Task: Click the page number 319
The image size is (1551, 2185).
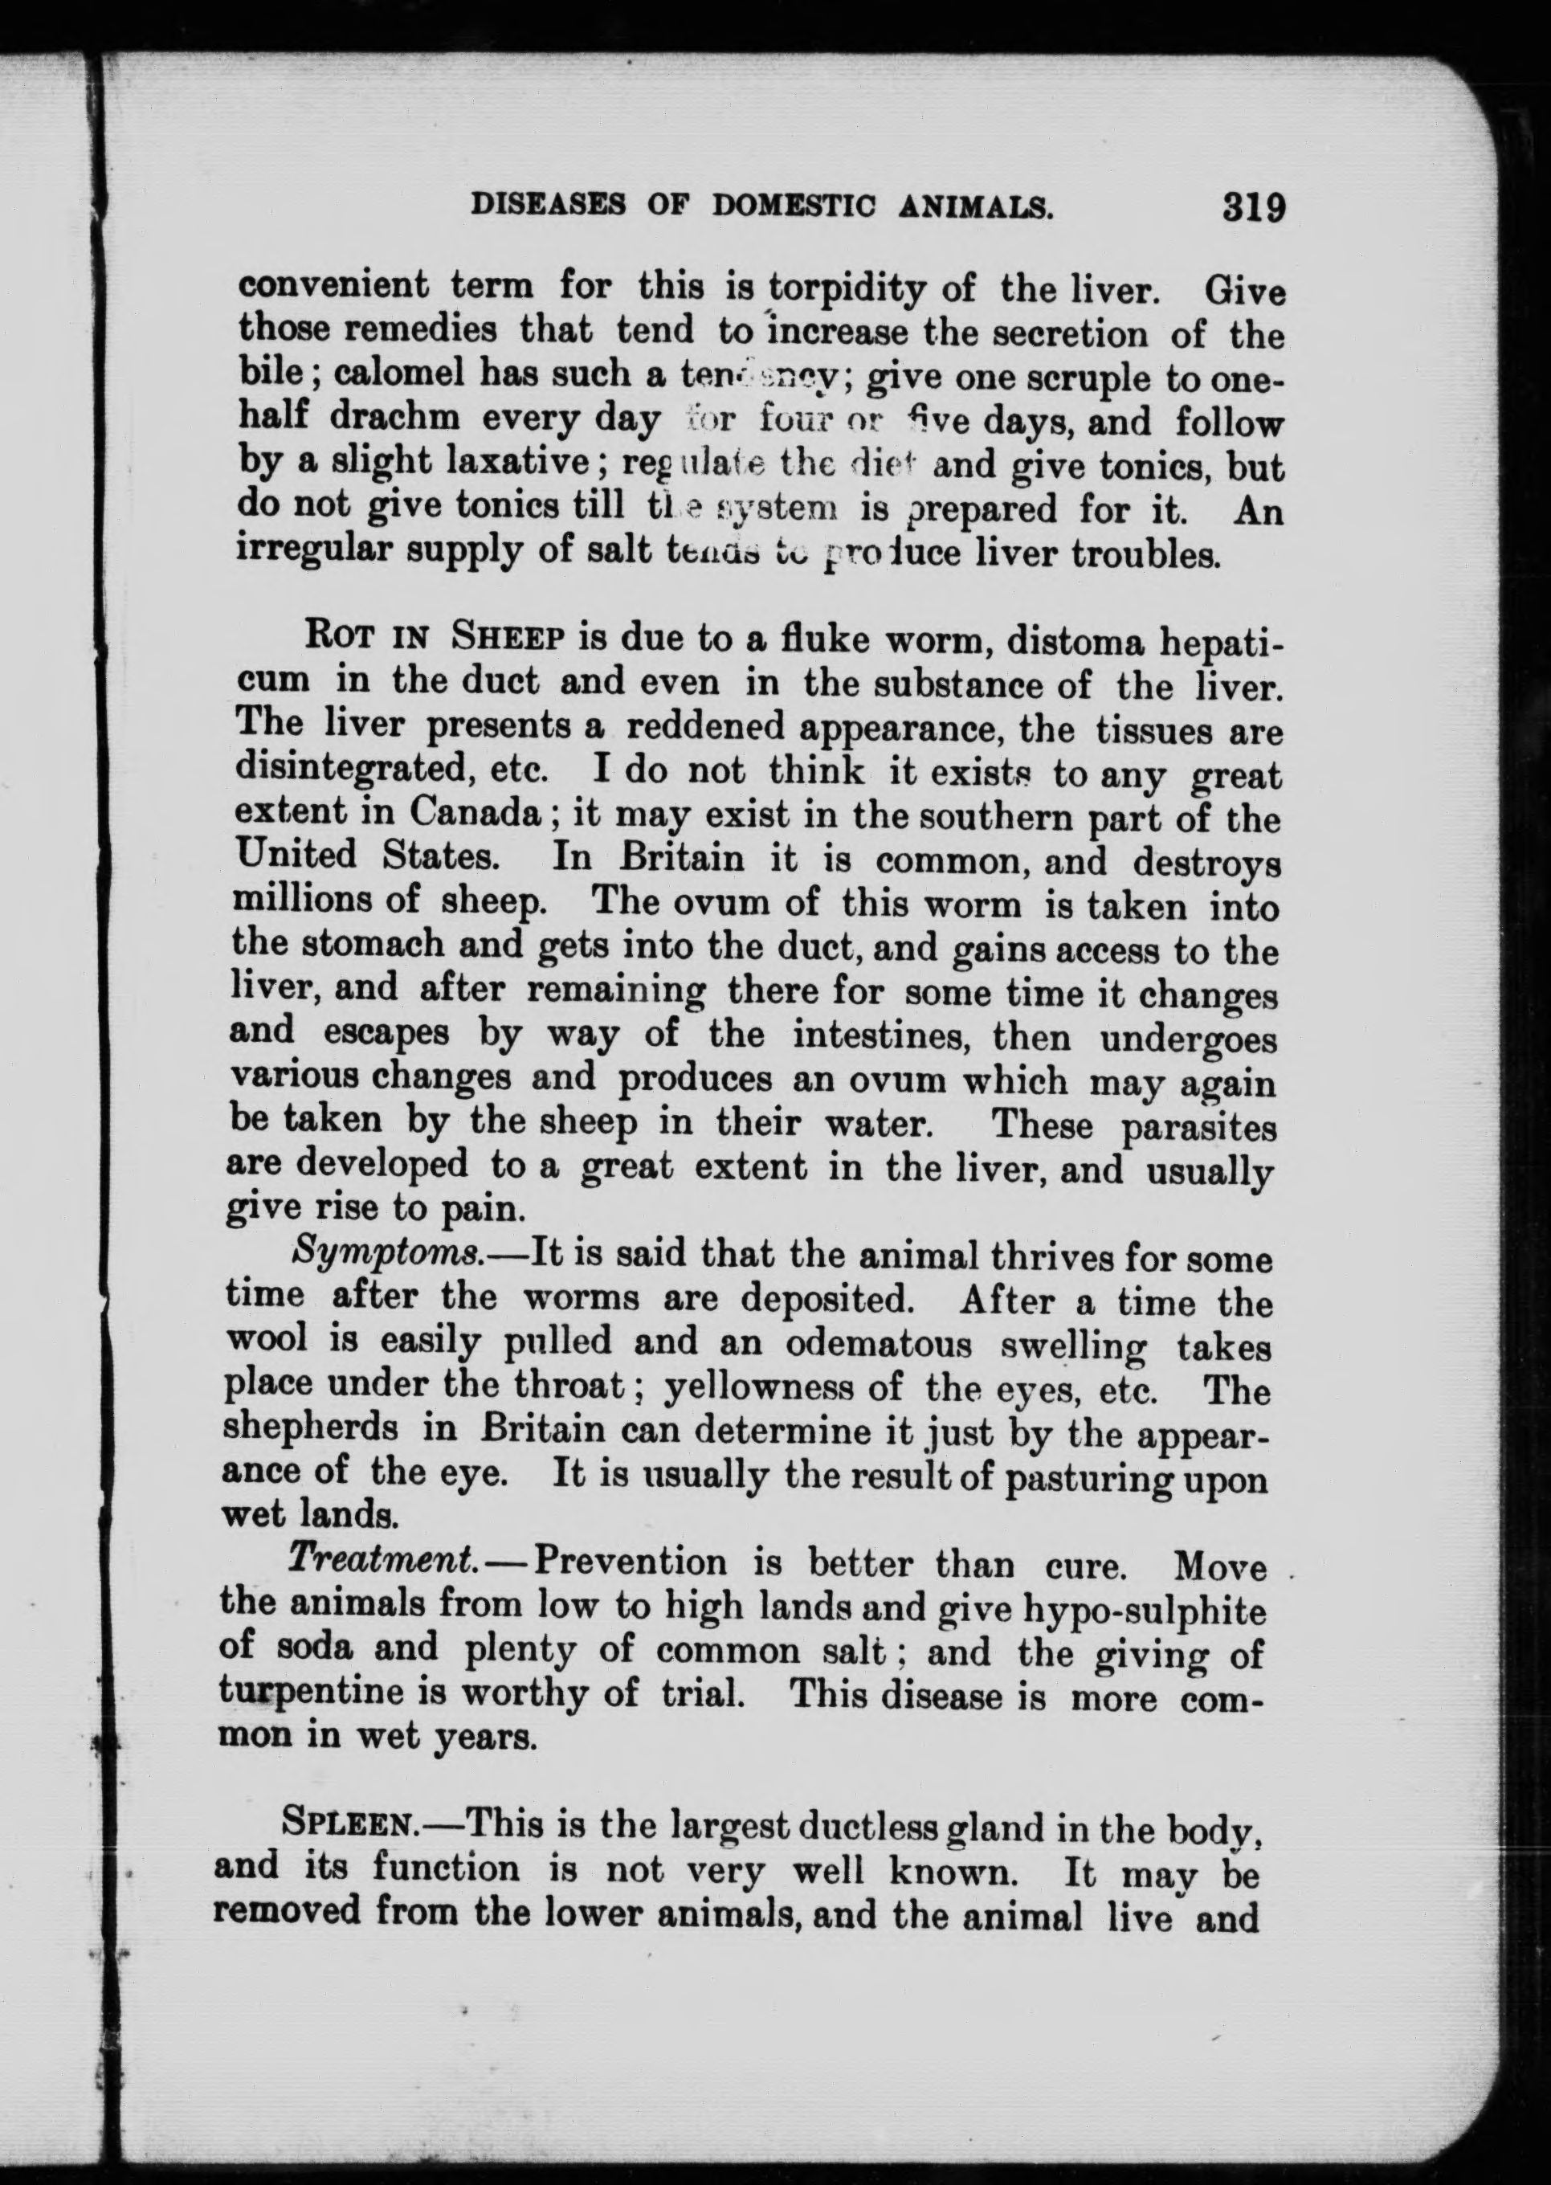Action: tap(1253, 207)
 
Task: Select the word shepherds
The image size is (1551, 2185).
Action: tap(309, 1430)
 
